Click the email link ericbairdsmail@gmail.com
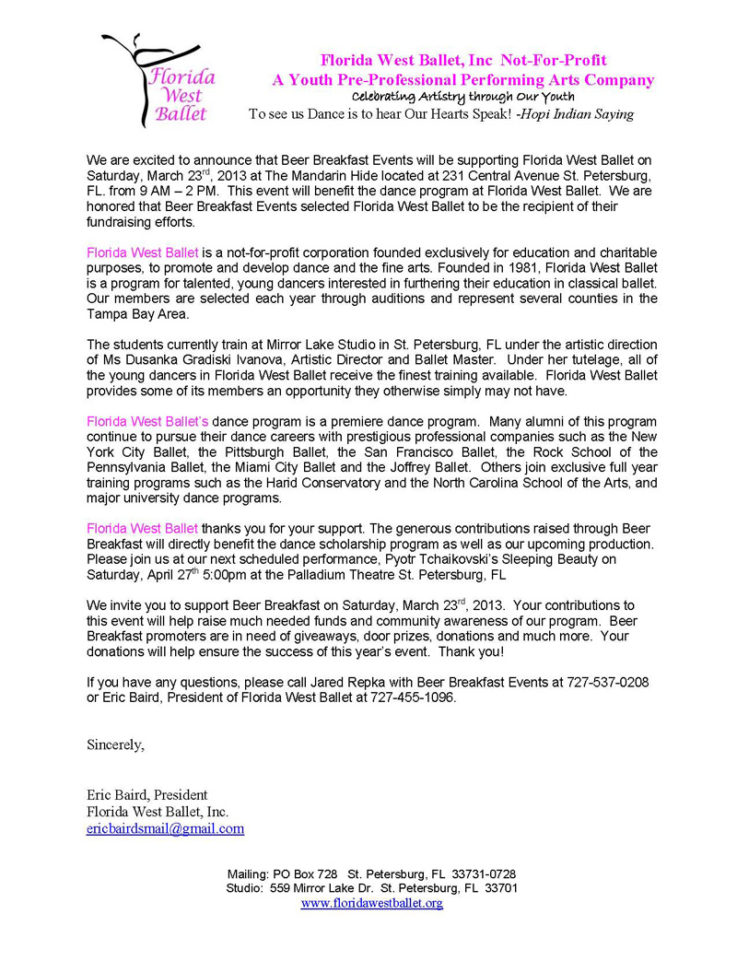coord(165,828)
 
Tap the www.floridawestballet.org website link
coord(372,903)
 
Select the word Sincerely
coord(115,744)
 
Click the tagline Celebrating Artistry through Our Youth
coord(463,97)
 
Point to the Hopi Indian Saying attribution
coord(575,114)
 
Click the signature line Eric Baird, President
coord(147,795)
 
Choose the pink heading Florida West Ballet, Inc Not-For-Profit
coord(462,61)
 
